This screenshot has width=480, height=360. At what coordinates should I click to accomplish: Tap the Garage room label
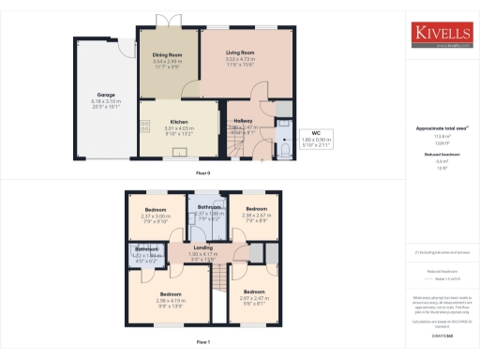(x=104, y=95)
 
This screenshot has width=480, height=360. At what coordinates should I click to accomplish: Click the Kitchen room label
(x=179, y=122)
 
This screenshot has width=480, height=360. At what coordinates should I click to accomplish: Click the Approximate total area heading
(x=441, y=127)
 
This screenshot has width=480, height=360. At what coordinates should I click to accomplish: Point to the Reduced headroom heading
(x=441, y=154)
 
